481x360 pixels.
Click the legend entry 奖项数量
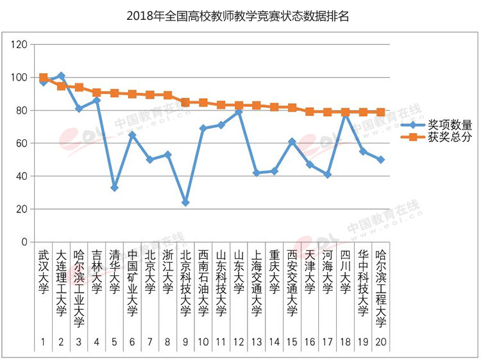(x=453, y=124)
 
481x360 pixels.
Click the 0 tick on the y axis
(x=25, y=242)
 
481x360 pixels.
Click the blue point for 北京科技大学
(x=185, y=203)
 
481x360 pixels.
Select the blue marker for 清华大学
(x=114, y=188)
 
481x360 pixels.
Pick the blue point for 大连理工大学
(x=61, y=76)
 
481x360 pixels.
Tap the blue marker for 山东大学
(x=239, y=112)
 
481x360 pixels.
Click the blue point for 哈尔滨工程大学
(x=380, y=160)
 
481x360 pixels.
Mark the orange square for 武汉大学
(x=43, y=78)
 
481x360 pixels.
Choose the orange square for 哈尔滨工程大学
(x=380, y=112)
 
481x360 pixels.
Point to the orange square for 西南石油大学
(x=203, y=103)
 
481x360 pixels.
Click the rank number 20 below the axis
(x=380, y=343)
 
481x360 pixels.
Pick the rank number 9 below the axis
(x=185, y=343)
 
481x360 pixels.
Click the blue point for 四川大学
(x=345, y=112)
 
